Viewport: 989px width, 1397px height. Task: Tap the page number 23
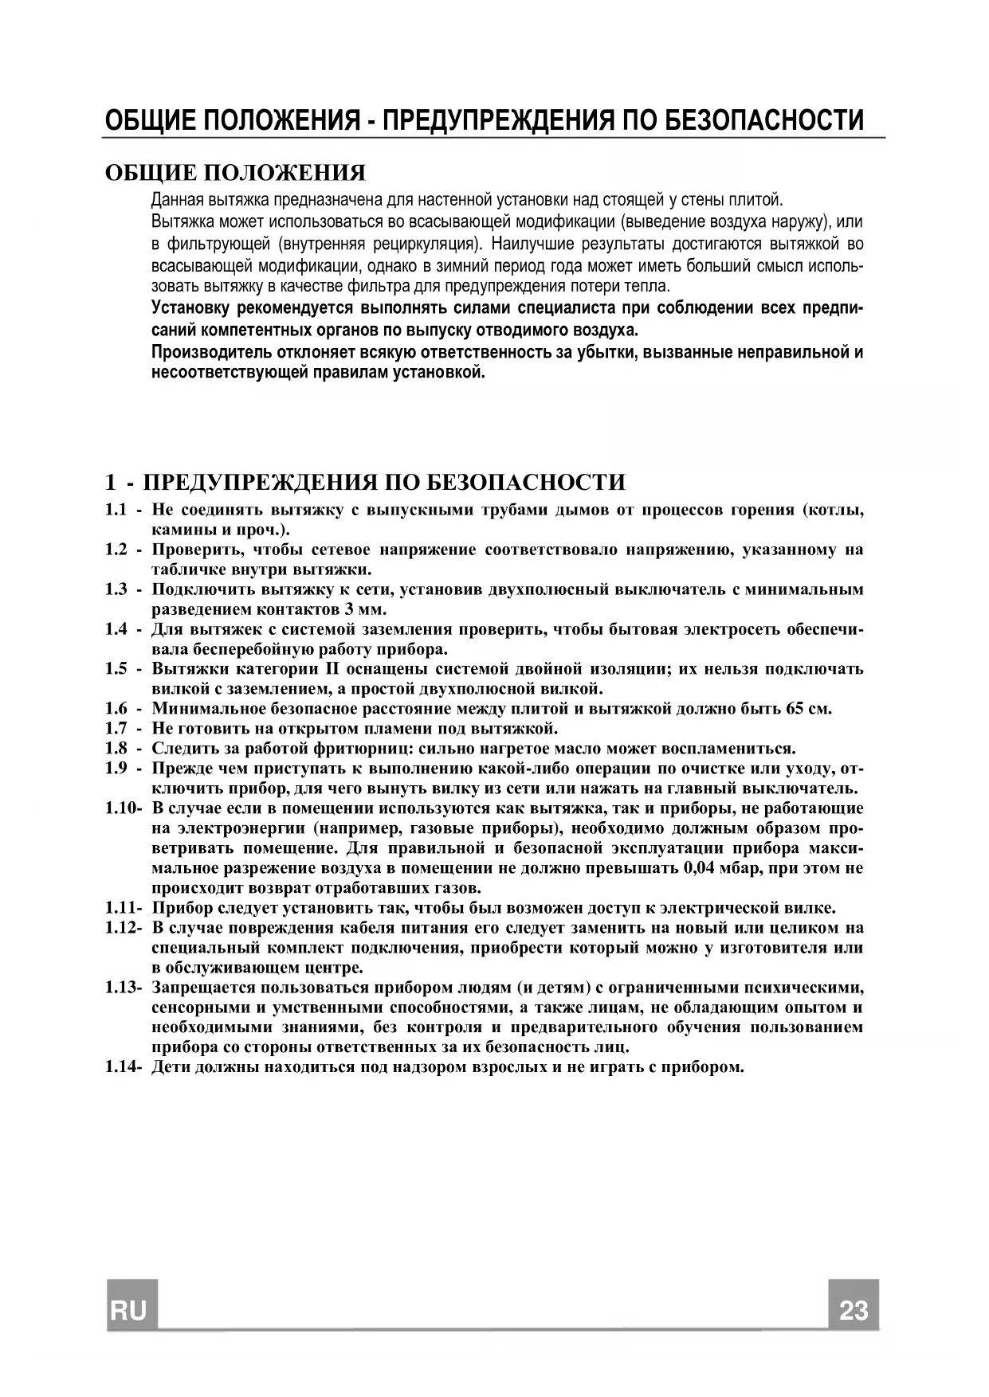pyautogui.click(x=853, y=1310)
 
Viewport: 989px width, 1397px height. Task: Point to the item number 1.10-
pyautogui.click(x=123, y=808)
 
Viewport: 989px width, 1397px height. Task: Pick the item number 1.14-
pyautogui.click(x=123, y=1067)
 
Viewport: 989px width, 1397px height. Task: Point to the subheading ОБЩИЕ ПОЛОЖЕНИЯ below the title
pyautogui.click(x=236, y=173)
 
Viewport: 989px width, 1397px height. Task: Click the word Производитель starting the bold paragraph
pyautogui.click(x=202, y=352)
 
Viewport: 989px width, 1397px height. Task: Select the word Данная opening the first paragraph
pyautogui.click(x=174, y=199)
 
